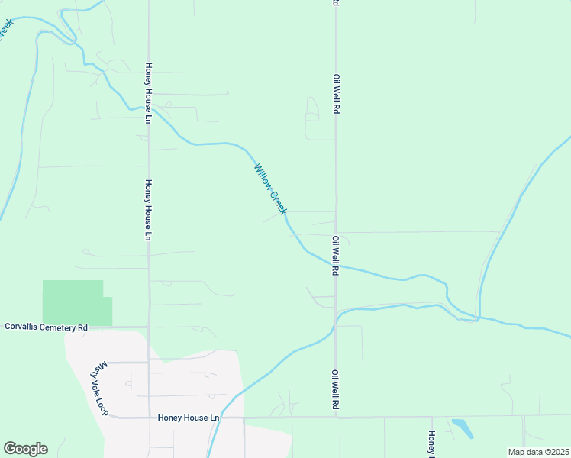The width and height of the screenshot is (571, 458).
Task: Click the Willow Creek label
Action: tap(270, 189)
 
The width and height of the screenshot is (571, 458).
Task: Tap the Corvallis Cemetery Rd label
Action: tap(47, 327)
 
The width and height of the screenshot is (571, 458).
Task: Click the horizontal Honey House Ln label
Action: tap(189, 418)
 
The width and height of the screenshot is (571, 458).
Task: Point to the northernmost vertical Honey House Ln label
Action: tap(149, 89)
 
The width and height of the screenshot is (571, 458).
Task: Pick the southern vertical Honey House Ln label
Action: tap(149, 210)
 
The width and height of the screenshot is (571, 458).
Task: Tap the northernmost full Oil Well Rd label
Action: tap(335, 94)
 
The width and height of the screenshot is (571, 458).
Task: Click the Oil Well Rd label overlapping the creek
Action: tap(335, 255)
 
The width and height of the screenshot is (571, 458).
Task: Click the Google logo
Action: tap(25, 449)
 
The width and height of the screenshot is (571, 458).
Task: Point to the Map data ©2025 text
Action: tap(538, 452)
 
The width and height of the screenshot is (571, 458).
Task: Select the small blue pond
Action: tap(461, 427)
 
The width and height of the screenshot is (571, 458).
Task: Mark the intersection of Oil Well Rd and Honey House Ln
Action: tap(335, 418)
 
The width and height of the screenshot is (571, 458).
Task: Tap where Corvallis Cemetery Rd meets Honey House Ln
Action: tap(149, 327)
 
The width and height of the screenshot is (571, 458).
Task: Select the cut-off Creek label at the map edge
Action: tap(6, 30)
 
